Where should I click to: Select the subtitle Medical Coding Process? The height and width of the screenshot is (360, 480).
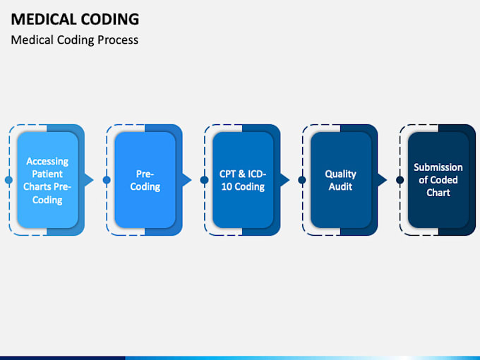coord(74,40)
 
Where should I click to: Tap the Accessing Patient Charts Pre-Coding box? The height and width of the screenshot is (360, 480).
coord(47,180)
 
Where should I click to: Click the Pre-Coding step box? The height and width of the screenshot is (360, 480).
coord(145,180)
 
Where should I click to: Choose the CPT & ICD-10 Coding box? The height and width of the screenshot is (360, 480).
coord(242,180)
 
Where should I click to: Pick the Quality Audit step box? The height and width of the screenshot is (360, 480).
coord(340,180)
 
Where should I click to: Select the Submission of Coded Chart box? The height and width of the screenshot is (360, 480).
coord(438,180)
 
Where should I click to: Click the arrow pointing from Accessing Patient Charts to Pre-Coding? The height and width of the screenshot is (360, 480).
coord(88,180)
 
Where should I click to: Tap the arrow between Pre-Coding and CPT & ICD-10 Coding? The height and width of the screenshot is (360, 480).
coord(186,180)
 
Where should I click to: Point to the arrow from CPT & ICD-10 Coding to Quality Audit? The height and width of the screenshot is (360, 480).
coord(284,180)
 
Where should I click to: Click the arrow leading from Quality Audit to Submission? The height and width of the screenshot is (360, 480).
coord(382,180)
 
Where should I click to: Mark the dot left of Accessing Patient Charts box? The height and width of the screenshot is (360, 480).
coord(8,180)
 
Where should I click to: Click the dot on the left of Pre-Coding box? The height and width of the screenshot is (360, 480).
coord(107,180)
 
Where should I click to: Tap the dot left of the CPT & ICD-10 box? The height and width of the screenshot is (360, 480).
coord(204,180)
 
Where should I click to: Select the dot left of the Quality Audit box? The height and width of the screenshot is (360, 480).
coord(302,180)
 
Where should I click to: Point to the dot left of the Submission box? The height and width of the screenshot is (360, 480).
coord(400,180)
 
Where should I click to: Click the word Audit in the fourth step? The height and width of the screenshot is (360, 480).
coord(340,187)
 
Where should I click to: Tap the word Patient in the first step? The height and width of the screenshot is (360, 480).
coord(47,174)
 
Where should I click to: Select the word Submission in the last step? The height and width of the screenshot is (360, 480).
coord(438,167)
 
